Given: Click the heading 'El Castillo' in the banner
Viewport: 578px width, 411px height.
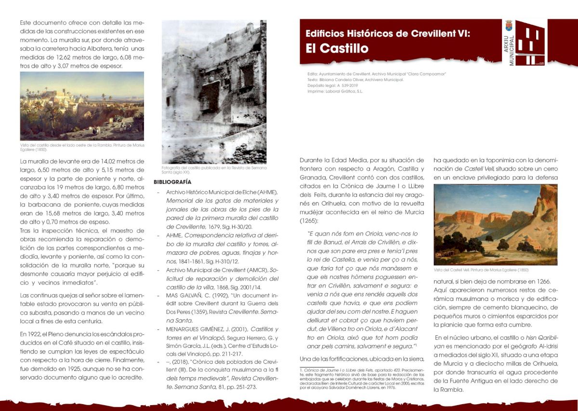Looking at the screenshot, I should point(337,48).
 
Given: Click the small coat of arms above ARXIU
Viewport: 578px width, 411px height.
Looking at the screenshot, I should point(508,25).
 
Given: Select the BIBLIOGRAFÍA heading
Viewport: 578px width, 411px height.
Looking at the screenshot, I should point(172,182).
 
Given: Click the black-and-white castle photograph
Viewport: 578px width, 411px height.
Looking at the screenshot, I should point(214,92).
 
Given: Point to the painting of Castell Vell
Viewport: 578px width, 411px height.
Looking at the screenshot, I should point(495,224).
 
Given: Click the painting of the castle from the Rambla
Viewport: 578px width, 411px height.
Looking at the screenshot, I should point(82,106).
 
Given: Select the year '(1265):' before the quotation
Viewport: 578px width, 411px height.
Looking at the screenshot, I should point(309,220).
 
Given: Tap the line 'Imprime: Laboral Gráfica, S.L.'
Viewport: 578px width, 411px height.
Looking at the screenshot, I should point(335,91).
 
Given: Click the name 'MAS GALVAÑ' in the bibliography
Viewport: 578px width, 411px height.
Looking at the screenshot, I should point(182,294).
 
